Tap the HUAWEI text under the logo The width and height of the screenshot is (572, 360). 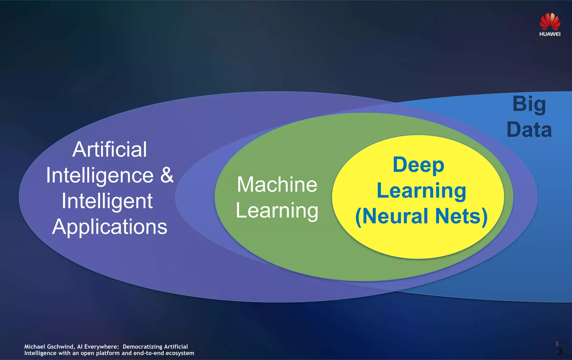(x=550, y=34)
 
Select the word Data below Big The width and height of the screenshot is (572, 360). (x=529, y=130)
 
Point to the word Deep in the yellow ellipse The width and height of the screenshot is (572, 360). (x=418, y=165)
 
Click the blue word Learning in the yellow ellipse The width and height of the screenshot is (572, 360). (x=421, y=191)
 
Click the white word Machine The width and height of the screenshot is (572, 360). (x=277, y=185)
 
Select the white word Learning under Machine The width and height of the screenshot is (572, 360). (x=277, y=211)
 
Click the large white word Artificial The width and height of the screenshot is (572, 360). (x=109, y=149)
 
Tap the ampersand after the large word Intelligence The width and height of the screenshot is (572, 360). (x=167, y=175)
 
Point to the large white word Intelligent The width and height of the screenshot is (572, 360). (x=107, y=201)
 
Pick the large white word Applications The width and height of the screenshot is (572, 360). (x=109, y=227)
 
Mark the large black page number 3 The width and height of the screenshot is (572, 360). (x=560, y=352)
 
